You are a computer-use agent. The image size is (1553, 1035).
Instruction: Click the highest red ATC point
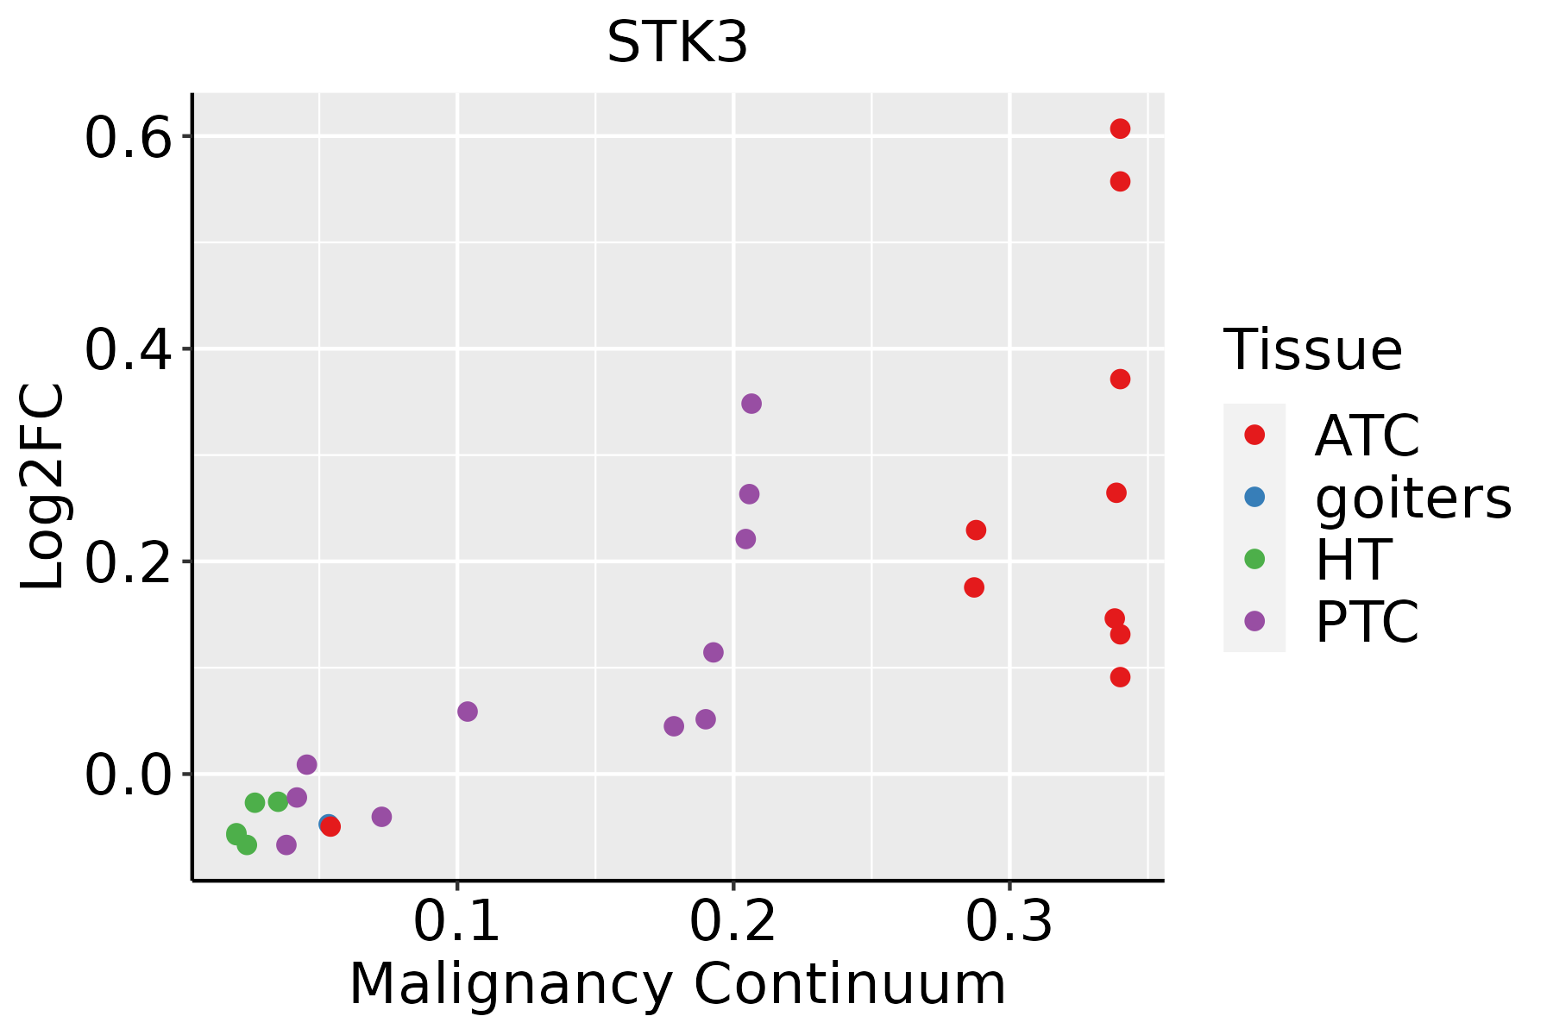pos(1120,129)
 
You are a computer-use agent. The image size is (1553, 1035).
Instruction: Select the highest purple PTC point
pos(751,404)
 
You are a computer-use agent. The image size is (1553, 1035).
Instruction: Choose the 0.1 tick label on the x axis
pos(456,922)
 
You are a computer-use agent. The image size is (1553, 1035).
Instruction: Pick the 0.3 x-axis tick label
pos(1009,922)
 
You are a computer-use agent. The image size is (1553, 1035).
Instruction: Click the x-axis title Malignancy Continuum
pos(677,984)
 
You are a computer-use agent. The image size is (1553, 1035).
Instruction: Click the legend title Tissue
pos(1313,350)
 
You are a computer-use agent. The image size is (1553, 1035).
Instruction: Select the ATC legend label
pos(1367,436)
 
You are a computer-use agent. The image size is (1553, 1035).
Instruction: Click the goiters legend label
pos(1413,498)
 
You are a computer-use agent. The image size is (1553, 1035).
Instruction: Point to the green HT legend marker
pos(1254,559)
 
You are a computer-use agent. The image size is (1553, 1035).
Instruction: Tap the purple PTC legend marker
pos(1254,621)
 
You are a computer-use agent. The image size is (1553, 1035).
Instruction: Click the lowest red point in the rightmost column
pos(1120,677)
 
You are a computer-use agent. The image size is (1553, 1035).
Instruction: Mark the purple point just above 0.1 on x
pos(468,712)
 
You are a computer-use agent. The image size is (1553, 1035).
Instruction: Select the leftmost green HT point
pos(236,833)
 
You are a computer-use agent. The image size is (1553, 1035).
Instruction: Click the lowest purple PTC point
pos(286,844)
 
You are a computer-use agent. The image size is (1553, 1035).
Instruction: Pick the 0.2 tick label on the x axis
pos(732,922)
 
